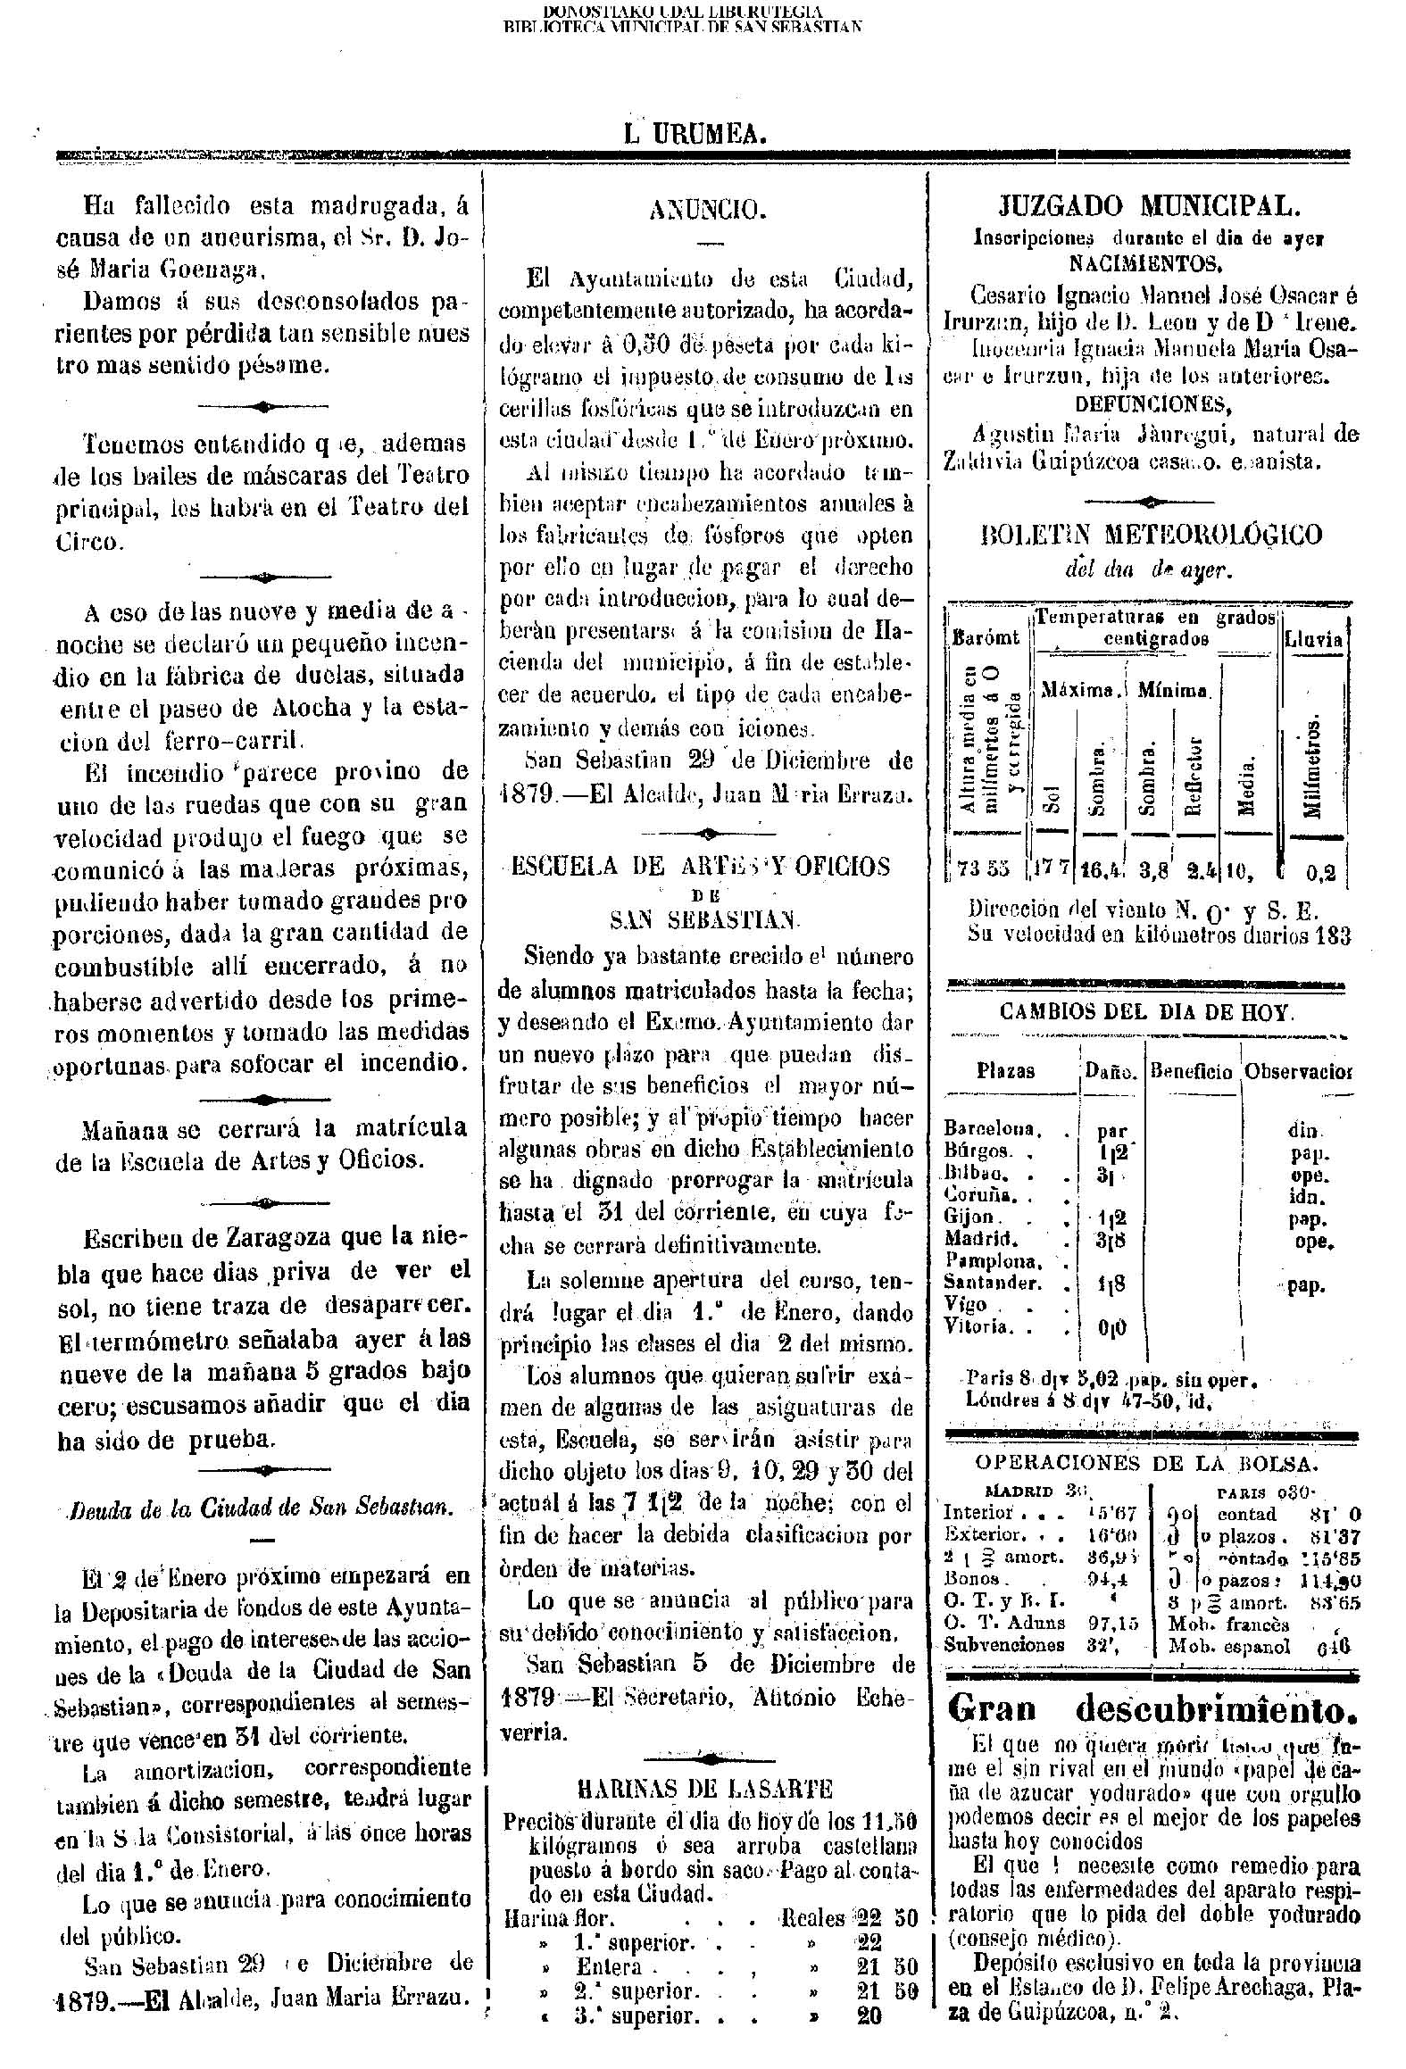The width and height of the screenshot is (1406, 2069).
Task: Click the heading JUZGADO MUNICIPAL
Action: (x=1148, y=207)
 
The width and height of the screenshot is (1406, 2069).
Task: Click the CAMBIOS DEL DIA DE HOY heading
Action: (x=1146, y=1012)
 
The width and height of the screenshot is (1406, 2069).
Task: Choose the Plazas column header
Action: (x=1005, y=1071)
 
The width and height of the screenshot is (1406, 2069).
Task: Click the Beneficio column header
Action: (x=1191, y=1071)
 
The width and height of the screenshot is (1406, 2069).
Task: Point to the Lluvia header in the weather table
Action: (x=1313, y=639)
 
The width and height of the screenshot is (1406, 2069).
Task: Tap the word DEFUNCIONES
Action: (x=1152, y=404)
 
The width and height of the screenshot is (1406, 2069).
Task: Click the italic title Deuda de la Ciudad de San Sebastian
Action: (x=262, y=1508)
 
